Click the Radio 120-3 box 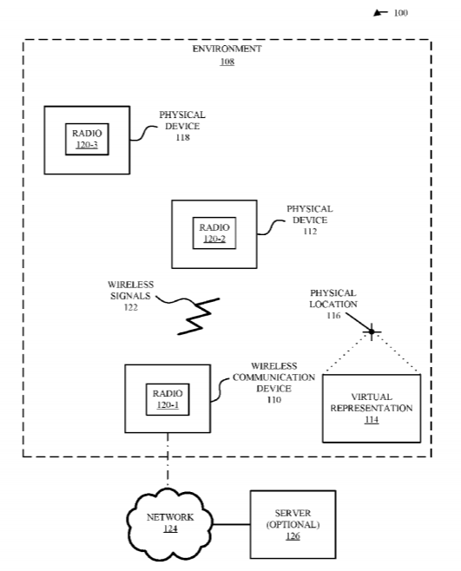pos(87,140)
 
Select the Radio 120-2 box pos(214,233)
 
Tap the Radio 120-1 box pos(168,399)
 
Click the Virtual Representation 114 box pos(372,408)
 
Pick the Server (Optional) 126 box pos(293,524)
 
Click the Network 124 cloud pos(170,523)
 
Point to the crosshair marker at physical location pos(372,331)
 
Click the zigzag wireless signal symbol pos(199,316)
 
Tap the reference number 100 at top pos(400,13)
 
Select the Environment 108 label pos(227,55)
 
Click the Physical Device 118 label pos(182,126)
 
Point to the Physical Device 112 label pos(310,220)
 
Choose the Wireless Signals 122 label pos(130,296)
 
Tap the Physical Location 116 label pos(333,304)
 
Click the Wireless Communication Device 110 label pos(273,383)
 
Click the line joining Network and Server pos(232,524)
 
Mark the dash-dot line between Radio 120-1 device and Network pos(168,460)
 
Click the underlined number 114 pos(372,420)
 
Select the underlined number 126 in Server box pos(293,536)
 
